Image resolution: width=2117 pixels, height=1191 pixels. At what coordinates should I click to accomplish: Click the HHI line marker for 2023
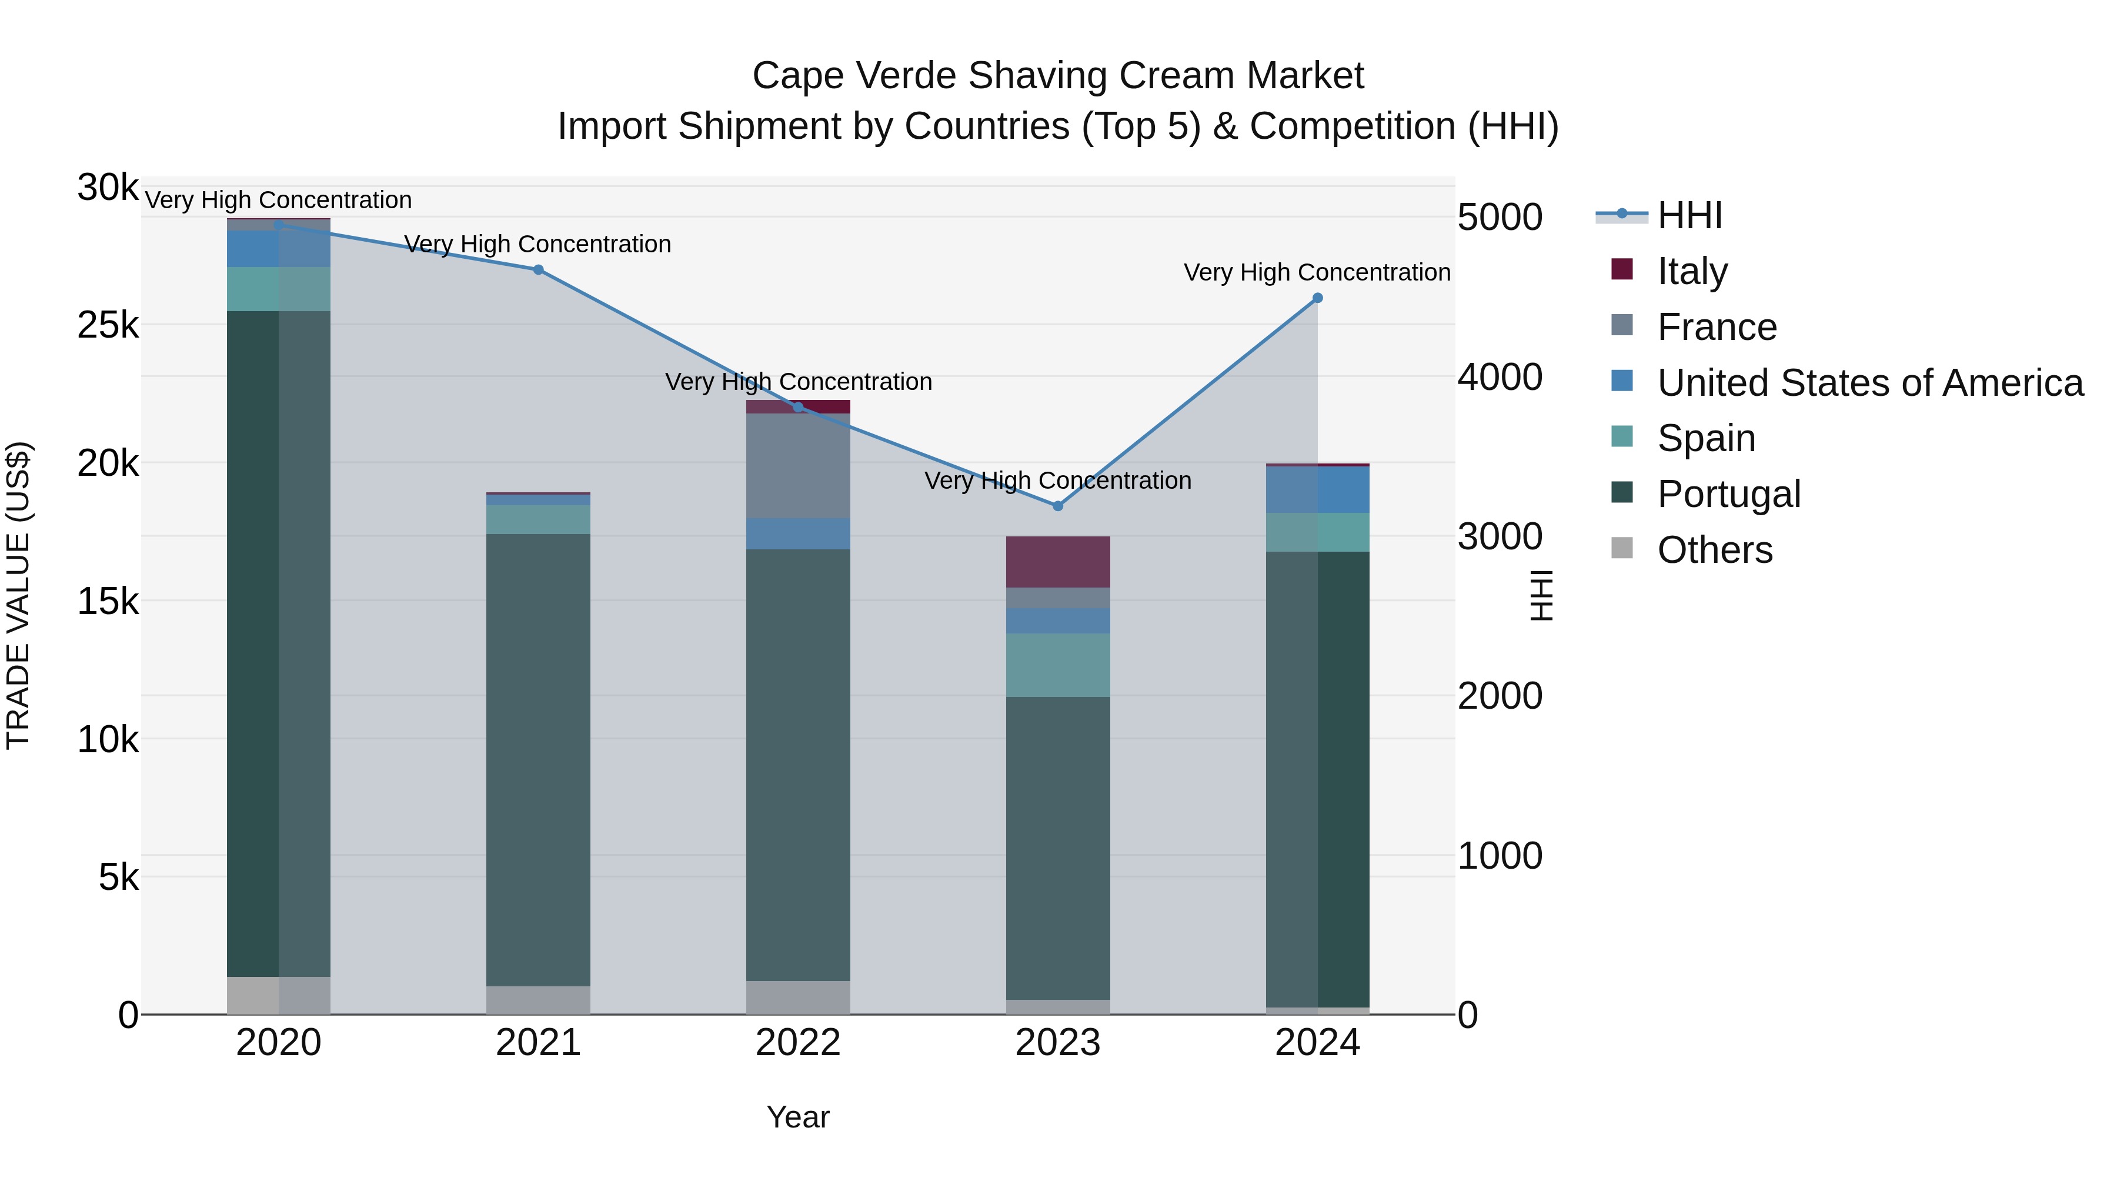click(x=1058, y=505)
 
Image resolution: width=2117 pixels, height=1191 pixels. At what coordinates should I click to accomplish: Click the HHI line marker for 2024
click(x=1317, y=298)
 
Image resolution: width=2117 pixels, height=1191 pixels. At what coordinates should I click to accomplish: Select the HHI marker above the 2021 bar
click(x=538, y=269)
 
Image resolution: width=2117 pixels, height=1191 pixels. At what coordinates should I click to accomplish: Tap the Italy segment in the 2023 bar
click(x=1058, y=562)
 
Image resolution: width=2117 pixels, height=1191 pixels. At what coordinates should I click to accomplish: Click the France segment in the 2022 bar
click(x=798, y=466)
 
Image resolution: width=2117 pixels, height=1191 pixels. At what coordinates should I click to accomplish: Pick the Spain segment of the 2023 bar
click(x=1058, y=665)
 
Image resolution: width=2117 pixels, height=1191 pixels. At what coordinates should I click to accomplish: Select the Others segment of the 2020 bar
click(x=279, y=995)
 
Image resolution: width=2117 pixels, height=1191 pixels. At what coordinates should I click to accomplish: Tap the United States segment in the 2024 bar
click(x=1317, y=490)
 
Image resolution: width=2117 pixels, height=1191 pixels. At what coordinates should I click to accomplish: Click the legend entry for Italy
click(x=1691, y=271)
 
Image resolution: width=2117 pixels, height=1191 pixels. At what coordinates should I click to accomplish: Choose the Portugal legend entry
click(x=1728, y=494)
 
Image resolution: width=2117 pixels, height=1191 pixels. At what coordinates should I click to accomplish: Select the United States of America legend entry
click(x=1869, y=383)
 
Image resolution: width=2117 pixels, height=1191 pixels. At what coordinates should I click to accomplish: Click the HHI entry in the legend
click(x=1689, y=215)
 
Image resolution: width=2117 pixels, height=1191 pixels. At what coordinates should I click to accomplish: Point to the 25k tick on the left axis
click(x=108, y=325)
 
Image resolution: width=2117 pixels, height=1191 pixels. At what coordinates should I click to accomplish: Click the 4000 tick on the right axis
click(x=1500, y=377)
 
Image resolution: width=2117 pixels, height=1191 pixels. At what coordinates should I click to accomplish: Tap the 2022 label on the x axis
click(x=798, y=1043)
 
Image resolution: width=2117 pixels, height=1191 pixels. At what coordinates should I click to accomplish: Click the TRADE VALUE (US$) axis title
click(x=18, y=595)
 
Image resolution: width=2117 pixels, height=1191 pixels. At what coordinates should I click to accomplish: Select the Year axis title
click(x=798, y=1117)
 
